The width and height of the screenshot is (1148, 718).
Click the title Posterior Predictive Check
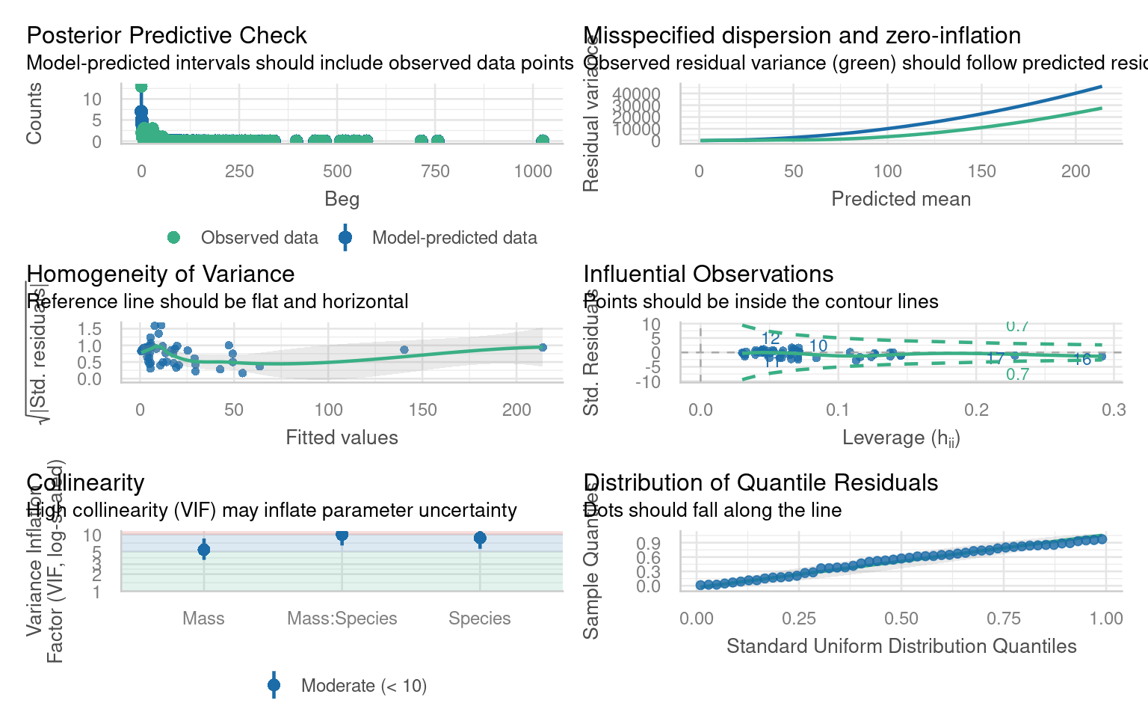(x=166, y=35)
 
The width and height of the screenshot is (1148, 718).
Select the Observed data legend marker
(x=173, y=238)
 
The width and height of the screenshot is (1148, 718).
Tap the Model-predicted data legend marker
(x=345, y=238)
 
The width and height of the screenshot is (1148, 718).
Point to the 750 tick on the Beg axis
(x=435, y=171)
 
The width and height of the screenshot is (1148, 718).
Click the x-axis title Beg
(x=342, y=199)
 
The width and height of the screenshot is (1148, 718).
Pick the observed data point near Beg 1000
(x=542, y=141)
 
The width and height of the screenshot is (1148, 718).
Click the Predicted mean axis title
(x=901, y=199)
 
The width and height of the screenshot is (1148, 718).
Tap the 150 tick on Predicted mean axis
(x=981, y=171)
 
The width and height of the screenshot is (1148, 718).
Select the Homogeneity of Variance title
(x=160, y=274)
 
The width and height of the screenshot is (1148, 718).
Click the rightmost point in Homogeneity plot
(x=543, y=347)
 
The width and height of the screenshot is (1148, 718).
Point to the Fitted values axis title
(x=342, y=438)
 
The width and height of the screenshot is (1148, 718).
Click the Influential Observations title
(x=708, y=274)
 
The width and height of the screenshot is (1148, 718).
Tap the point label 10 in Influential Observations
(x=818, y=346)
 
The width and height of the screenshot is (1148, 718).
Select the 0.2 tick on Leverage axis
(x=976, y=410)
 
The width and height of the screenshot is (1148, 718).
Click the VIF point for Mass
(x=203, y=550)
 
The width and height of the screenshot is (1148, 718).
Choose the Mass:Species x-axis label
(x=342, y=619)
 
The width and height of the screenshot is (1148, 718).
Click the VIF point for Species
(x=480, y=538)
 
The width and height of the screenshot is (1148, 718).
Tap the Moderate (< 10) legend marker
(x=274, y=685)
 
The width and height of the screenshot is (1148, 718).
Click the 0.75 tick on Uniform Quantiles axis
(x=1003, y=619)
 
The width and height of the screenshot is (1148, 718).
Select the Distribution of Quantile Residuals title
(x=760, y=482)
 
